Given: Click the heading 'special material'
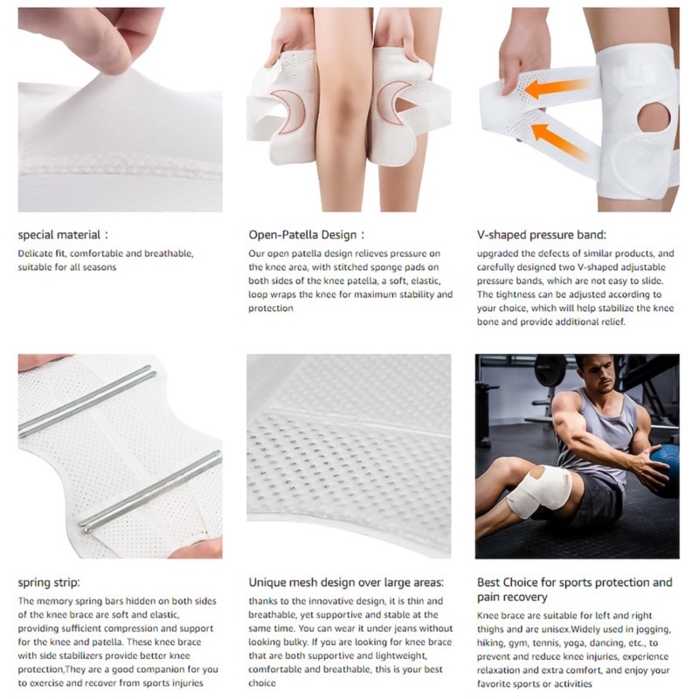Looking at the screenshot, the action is [59, 235].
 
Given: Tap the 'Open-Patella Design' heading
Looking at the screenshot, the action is [302, 235].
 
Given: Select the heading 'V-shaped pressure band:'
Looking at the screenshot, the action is [541, 235].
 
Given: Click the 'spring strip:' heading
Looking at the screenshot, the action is [49, 583].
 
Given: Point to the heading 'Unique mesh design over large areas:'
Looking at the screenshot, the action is [346, 582].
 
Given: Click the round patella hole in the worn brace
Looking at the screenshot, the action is [654, 120].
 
